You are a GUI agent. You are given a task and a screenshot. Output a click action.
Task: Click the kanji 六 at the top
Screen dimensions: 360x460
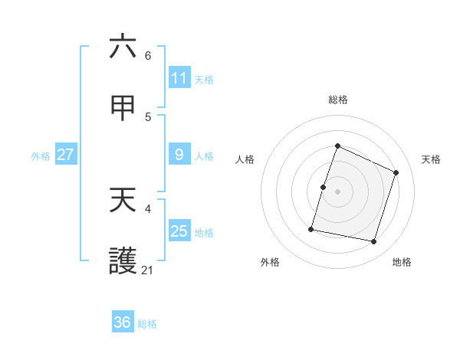(x=123, y=47)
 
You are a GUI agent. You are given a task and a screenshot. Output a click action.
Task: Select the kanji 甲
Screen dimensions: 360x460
(x=123, y=109)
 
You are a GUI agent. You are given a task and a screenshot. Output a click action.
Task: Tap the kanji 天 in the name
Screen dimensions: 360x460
(x=123, y=201)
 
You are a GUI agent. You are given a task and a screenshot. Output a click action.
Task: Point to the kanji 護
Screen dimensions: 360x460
(x=123, y=261)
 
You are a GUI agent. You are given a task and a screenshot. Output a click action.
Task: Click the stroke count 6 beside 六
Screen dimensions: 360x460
(x=148, y=56)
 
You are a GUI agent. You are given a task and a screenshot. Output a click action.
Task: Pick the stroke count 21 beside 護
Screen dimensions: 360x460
(x=148, y=270)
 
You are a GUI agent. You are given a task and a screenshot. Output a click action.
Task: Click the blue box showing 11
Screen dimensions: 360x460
(x=179, y=78)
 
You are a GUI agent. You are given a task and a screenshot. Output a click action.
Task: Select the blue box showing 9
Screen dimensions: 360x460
(x=179, y=155)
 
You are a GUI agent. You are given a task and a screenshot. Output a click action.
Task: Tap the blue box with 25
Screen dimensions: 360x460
(x=179, y=231)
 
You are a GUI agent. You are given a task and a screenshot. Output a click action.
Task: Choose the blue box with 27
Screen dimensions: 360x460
(x=65, y=155)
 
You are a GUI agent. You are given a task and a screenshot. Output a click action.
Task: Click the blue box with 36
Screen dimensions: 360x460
(x=123, y=322)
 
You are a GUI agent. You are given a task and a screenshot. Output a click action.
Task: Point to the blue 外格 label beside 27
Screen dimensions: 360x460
(x=41, y=155)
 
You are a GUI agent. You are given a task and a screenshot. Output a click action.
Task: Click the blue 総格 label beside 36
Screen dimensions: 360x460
(x=147, y=323)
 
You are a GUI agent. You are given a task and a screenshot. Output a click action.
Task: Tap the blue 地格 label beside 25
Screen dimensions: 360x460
(x=204, y=232)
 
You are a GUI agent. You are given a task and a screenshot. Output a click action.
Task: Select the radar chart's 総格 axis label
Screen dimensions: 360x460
(x=338, y=100)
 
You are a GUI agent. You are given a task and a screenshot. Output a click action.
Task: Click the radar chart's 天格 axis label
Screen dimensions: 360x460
(x=432, y=159)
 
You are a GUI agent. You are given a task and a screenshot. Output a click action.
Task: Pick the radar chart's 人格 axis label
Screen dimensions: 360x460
(x=245, y=159)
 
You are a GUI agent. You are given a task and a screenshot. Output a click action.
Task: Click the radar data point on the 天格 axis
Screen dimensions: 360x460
(x=396, y=172)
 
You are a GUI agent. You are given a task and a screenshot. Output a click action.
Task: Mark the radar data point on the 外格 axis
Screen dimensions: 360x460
(x=311, y=228)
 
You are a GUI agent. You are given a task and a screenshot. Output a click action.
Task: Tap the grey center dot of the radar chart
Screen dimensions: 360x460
(x=338, y=191)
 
